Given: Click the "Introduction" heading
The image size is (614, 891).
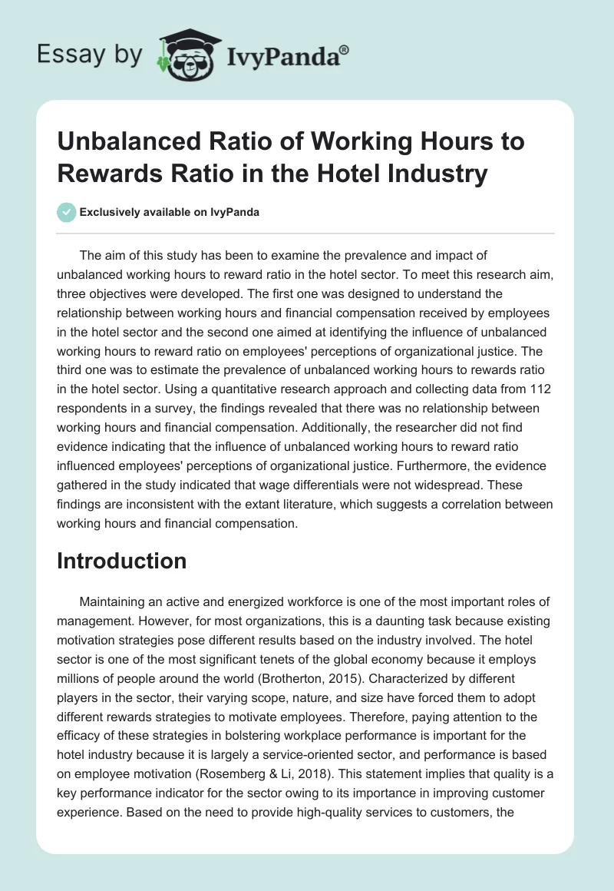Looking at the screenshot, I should (121, 561).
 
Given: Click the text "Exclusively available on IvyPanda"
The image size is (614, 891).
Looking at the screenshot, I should (168, 212).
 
